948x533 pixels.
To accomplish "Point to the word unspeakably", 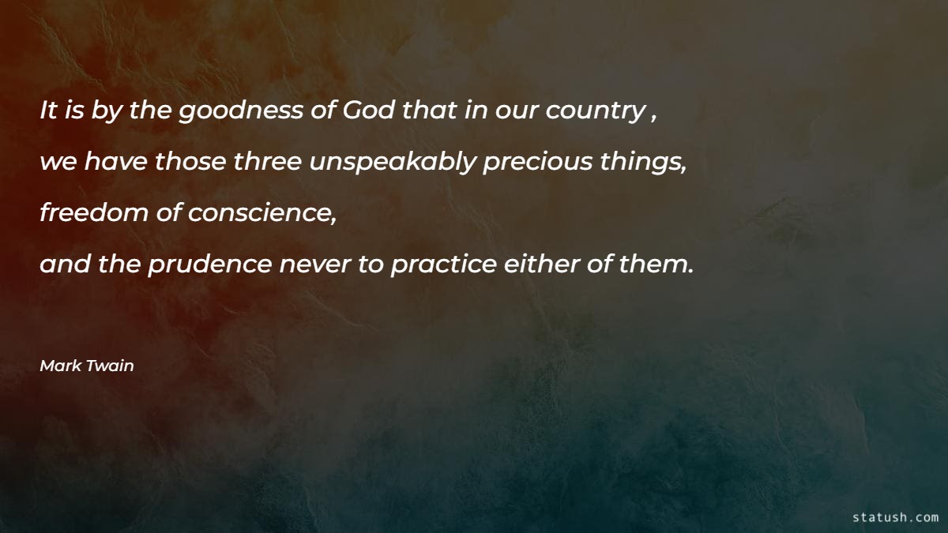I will coord(393,163).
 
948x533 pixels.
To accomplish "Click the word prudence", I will coord(209,265).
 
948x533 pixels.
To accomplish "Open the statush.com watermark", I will coord(895,517).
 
